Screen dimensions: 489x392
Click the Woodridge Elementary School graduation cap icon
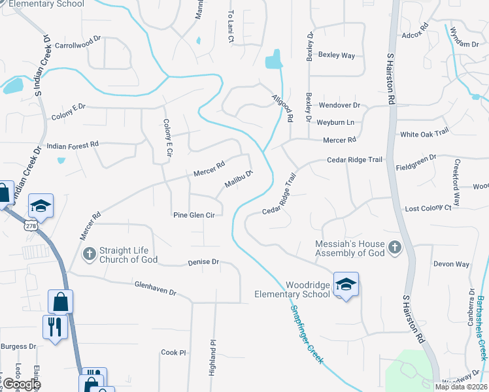coord(346,284)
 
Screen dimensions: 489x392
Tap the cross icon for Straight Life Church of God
coord(88,253)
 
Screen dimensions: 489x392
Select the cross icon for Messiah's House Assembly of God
coord(394,247)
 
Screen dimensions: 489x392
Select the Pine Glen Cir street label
coord(194,215)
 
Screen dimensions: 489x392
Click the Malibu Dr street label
coord(239,180)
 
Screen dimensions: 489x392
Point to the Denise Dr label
coord(203,262)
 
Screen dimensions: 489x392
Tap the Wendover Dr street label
coord(339,105)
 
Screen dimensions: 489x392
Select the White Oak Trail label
coord(424,134)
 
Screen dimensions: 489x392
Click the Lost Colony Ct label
coord(428,208)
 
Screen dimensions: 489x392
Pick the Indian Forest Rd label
coord(72,144)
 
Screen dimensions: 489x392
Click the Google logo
coord(21,384)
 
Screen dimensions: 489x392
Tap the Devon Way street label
coord(451,265)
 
